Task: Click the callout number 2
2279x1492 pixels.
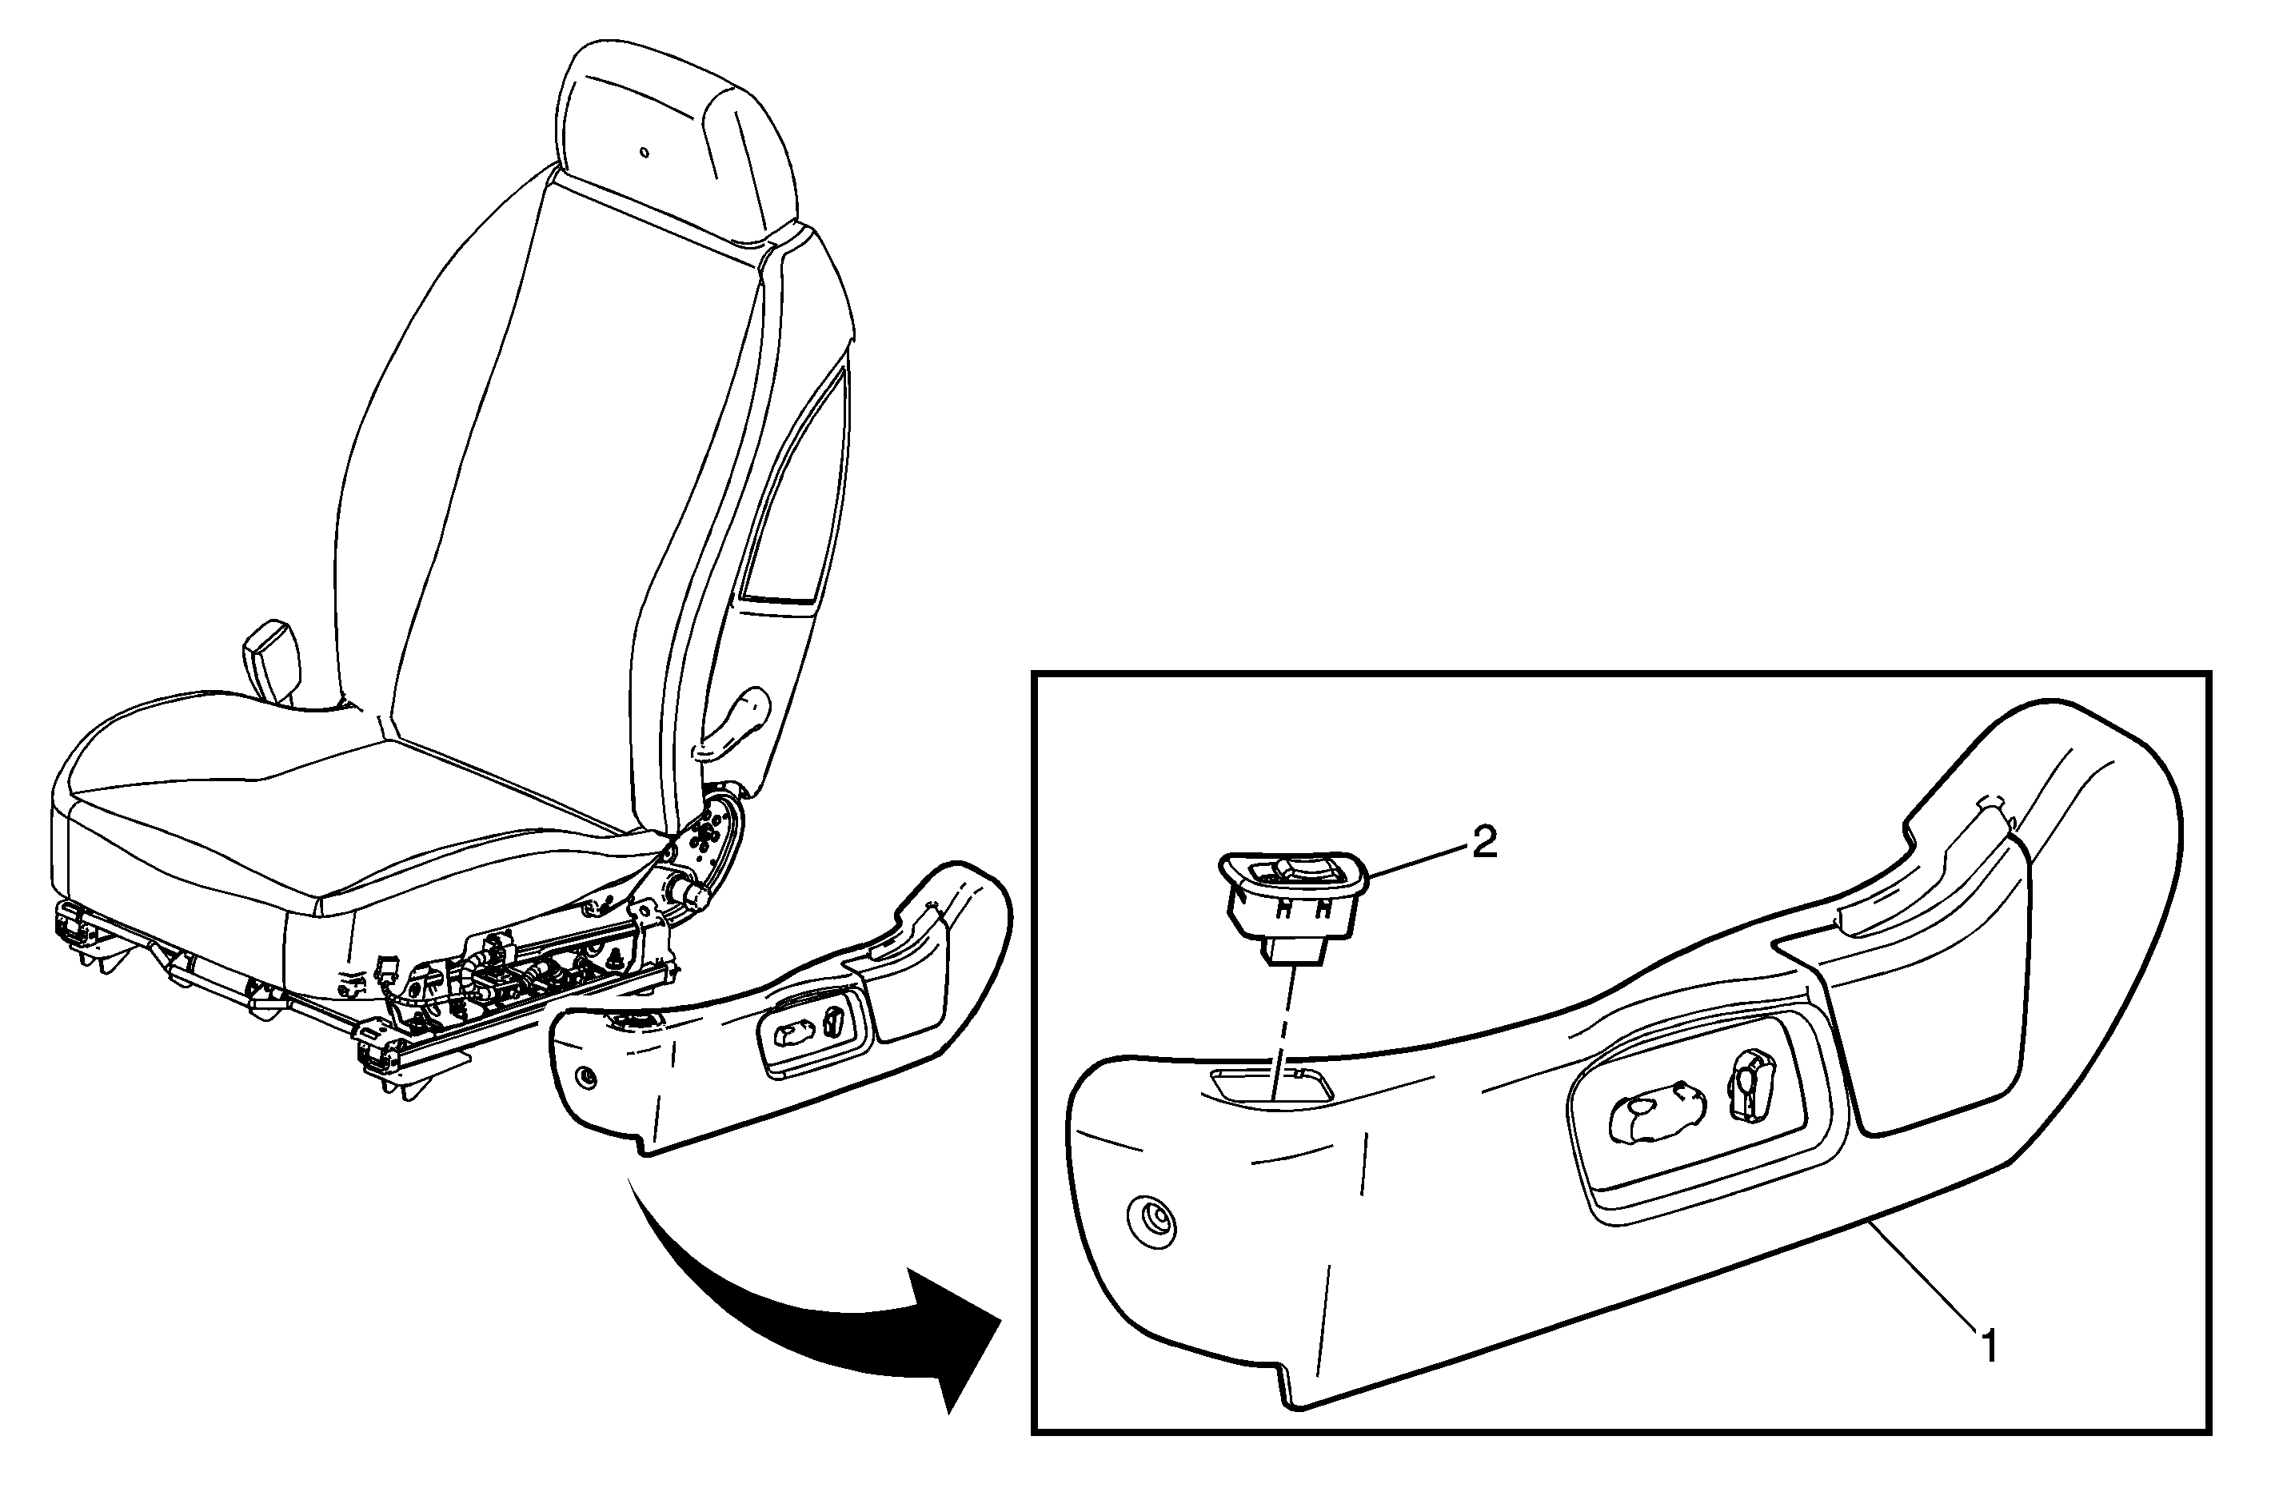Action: coord(1483,844)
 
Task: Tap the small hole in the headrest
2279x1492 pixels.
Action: coord(645,151)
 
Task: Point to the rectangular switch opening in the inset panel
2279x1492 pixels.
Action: coord(1271,1087)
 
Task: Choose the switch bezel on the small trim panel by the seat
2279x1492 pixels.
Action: coord(815,1032)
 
